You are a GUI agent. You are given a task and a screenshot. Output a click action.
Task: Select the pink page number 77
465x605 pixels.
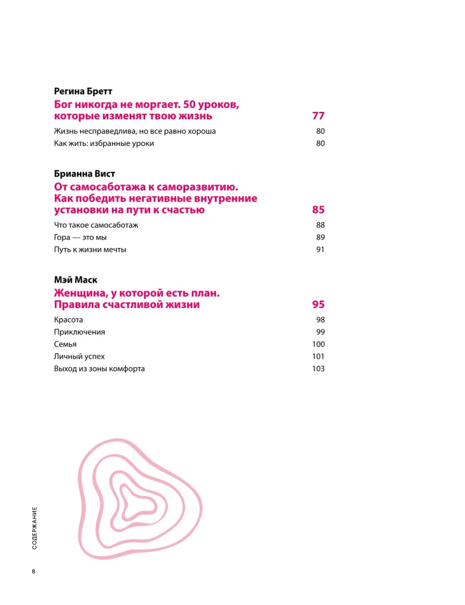pos(318,116)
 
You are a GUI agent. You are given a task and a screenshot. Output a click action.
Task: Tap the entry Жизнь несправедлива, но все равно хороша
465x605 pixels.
pos(135,131)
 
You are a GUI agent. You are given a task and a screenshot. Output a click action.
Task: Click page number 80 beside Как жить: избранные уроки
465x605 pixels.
pos(320,143)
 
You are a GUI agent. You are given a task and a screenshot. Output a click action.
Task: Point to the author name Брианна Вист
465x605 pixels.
pos(84,174)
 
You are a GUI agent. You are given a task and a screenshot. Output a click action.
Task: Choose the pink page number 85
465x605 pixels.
pos(318,210)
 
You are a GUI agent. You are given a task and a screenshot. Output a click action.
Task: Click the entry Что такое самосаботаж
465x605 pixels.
pos(96,225)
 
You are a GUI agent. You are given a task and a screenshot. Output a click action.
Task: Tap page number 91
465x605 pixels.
pos(320,249)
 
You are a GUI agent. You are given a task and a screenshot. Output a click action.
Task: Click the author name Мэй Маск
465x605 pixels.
pos(75,280)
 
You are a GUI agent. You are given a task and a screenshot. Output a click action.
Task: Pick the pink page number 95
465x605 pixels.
pos(318,304)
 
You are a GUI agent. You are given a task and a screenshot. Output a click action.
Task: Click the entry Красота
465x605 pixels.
pos(68,319)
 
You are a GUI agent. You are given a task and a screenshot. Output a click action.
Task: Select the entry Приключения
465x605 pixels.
pos(79,332)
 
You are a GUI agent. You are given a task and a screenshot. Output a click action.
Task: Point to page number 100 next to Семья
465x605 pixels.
pos(318,344)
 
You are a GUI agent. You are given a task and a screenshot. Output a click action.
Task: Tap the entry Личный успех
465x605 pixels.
pos(75,356)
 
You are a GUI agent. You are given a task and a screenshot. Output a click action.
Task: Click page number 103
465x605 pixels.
pos(318,368)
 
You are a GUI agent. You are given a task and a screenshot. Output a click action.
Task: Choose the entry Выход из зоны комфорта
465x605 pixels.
pos(99,368)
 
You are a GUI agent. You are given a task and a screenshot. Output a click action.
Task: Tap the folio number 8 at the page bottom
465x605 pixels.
pos(35,571)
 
